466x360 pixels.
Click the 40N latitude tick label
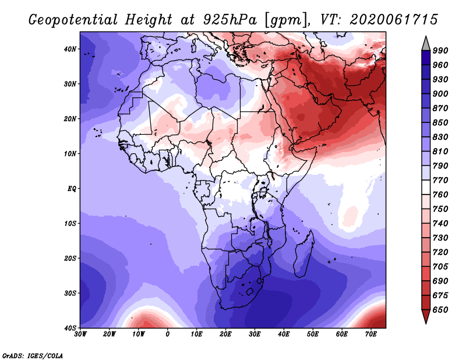pyautogui.click(x=70, y=49)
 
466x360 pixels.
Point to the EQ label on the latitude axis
pyautogui.click(x=72, y=189)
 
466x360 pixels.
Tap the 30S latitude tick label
pyautogui.click(x=70, y=294)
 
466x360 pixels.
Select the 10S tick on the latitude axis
pyautogui.click(x=70, y=224)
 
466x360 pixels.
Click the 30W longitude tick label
pyautogui.click(x=80, y=334)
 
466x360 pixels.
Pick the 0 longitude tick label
pyautogui.click(x=168, y=334)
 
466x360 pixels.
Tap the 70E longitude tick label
pyautogui.click(x=371, y=334)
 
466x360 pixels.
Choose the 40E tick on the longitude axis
pyautogui.click(x=284, y=334)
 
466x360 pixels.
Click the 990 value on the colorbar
pyautogui.click(x=440, y=51)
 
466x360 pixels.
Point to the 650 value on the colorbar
pyautogui.click(x=440, y=310)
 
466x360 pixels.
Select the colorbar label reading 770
pyautogui.click(x=440, y=181)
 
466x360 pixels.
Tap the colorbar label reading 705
pyautogui.click(x=440, y=267)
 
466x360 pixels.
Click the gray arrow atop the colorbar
pyautogui.click(x=426, y=44)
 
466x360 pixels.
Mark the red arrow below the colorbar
pyautogui.click(x=426, y=316)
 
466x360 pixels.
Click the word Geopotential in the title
pyautogui.click(x=73, y=20)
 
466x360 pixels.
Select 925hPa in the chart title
pyautogui.click(x=230, y=20)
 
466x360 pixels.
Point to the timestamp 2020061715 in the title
pyautogui.click(x=394, y=20)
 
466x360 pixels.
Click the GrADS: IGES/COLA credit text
pyautogui.click(x=33, y=356)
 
